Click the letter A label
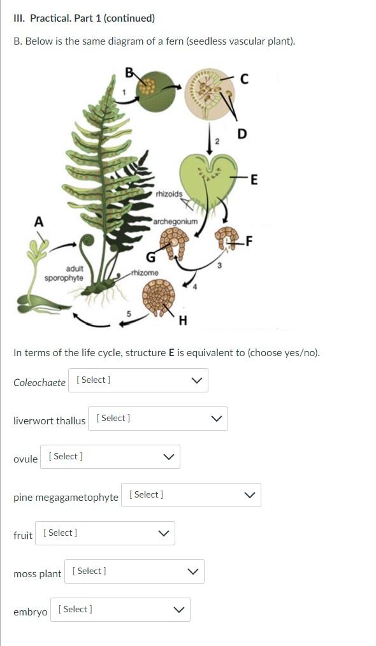[x=38, y=222]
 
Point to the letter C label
[x=244, y=79]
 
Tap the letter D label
[x=242, y=134]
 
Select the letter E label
[x=254, y=180]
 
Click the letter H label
[x=183, y=320]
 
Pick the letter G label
[x=151, y=258]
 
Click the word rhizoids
[x=169, y=194]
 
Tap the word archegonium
[x=175, y=221]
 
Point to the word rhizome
[x=144, y=273]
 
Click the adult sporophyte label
[x=64, y=273]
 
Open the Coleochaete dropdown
[x=138, y=380]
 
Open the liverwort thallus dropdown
[x=158, y=419]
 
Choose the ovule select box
[x=110, y=457]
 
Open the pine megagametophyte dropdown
[x=191, y=495]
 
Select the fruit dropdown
[x=105, y=533]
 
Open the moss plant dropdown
[x=134, y=571]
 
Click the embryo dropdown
[x=120, y=610]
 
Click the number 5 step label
[x=129, y=314]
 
